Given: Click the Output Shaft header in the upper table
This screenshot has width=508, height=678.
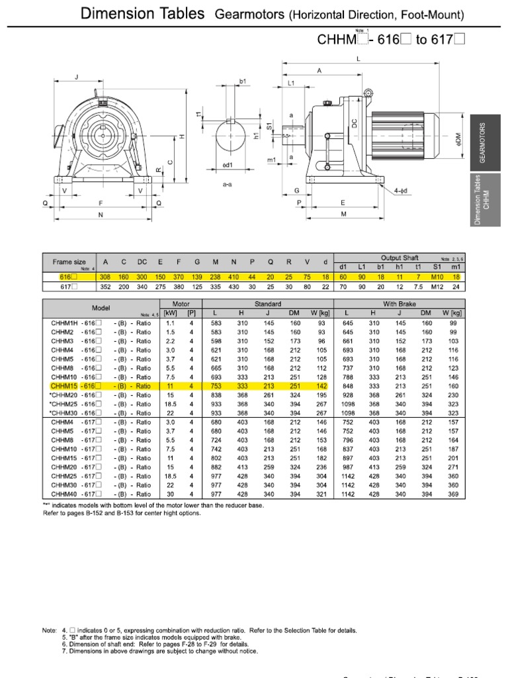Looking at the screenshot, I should click(396, 258).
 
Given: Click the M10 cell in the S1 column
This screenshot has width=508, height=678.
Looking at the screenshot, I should click(436, 276).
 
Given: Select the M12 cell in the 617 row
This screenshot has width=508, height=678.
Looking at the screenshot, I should click(436, 286).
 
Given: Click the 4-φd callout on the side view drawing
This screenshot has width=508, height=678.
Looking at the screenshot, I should click(400, 191).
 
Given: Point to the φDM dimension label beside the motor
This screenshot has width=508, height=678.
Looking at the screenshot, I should click(458, 140).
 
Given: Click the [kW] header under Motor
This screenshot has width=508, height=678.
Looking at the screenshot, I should click(170, 313).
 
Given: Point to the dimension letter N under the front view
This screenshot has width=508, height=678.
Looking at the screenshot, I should click(101, 215).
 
